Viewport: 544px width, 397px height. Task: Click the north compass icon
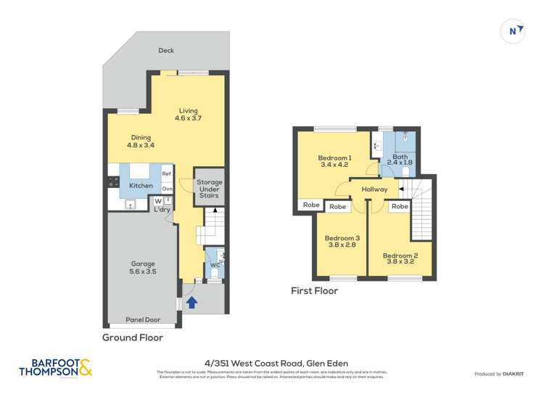513,30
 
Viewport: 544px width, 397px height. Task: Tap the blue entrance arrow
191,301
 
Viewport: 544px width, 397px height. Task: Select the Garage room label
142,268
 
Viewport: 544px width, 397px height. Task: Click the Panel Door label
141,317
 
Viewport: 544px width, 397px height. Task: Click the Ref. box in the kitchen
167,174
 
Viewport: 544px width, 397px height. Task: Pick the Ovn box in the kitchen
167,189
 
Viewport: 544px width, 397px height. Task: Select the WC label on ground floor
215,265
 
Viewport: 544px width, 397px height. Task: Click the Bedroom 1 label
334,162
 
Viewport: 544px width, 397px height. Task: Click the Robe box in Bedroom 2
400,207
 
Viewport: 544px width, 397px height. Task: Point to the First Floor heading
314,291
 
